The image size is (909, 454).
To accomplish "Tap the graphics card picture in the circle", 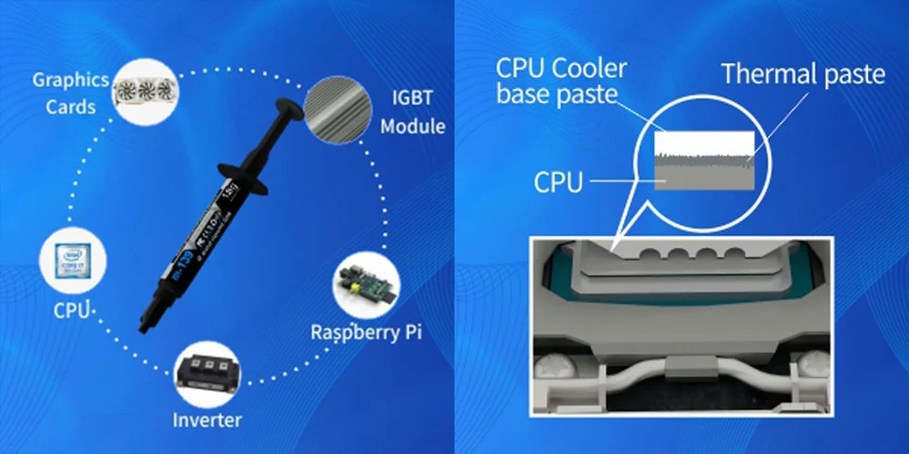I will click(145, 91).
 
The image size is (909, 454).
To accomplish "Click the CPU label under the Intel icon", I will click(72, 309).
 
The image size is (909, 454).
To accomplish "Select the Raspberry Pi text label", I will click(365, 332).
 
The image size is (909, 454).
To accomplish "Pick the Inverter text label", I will click(207, 420).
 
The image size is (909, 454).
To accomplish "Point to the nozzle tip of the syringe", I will click(144, 326).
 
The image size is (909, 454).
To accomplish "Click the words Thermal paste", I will click(802, 74).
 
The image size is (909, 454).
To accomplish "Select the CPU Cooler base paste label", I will click(562, 81).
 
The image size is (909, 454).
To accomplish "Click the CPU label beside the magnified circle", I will click(558, 182).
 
